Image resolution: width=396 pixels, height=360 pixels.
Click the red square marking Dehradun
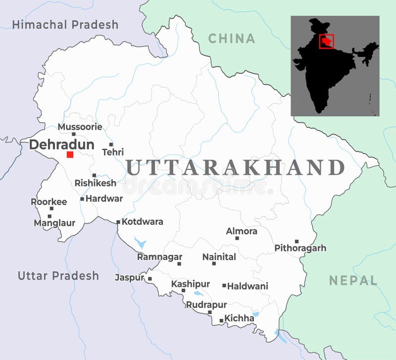[70, 154]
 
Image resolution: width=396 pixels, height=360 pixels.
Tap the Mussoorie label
[80, 127]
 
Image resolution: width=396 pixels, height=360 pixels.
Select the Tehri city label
[113, 152]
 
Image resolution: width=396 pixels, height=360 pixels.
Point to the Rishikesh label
[96, 183]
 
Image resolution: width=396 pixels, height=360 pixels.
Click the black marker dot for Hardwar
[82, 199]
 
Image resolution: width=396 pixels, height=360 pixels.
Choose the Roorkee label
[49, 202]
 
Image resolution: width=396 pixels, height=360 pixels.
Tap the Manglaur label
[54, 223]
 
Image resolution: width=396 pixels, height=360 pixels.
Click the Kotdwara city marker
[118, 222]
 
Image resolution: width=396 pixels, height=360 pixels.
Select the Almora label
[242, 231]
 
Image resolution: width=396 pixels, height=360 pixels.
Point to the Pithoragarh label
[300, 248]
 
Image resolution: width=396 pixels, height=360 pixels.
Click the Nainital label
[219, 257]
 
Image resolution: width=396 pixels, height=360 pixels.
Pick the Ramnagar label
[159, 257]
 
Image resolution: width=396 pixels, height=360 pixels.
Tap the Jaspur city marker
[150, 279]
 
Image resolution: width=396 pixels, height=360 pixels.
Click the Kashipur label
[191, 284]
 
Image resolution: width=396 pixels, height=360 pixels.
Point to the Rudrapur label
[206, 305]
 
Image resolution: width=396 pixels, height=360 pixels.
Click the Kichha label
[239, 318]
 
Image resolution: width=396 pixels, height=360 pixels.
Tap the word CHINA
[232, 38]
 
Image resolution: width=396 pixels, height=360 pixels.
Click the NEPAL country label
[353, 280]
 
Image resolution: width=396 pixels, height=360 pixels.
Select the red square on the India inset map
[326, 42]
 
